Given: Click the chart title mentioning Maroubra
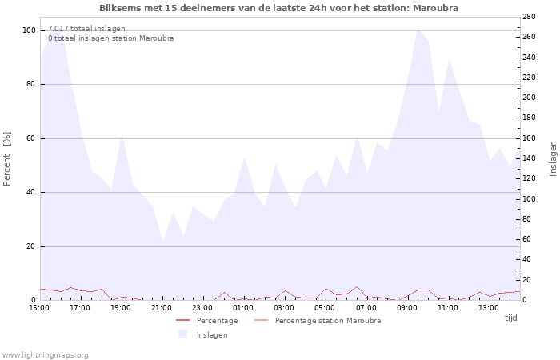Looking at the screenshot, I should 279,8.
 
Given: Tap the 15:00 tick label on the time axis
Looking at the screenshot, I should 39,307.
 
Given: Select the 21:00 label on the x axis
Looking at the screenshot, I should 162,307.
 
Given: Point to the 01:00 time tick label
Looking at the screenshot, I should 243,307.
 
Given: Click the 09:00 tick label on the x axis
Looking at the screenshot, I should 406,307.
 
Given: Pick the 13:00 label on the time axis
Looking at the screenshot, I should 488,307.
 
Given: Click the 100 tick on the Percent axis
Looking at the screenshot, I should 29,30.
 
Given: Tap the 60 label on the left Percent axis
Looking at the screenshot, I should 30,138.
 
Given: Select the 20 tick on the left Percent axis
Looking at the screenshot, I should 30,246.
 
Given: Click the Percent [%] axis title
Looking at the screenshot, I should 7,158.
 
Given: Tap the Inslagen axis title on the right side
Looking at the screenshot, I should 553,158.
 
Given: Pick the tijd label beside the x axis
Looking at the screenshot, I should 510,318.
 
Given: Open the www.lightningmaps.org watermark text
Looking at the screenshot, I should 46,354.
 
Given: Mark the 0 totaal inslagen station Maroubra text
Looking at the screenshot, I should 110,38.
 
